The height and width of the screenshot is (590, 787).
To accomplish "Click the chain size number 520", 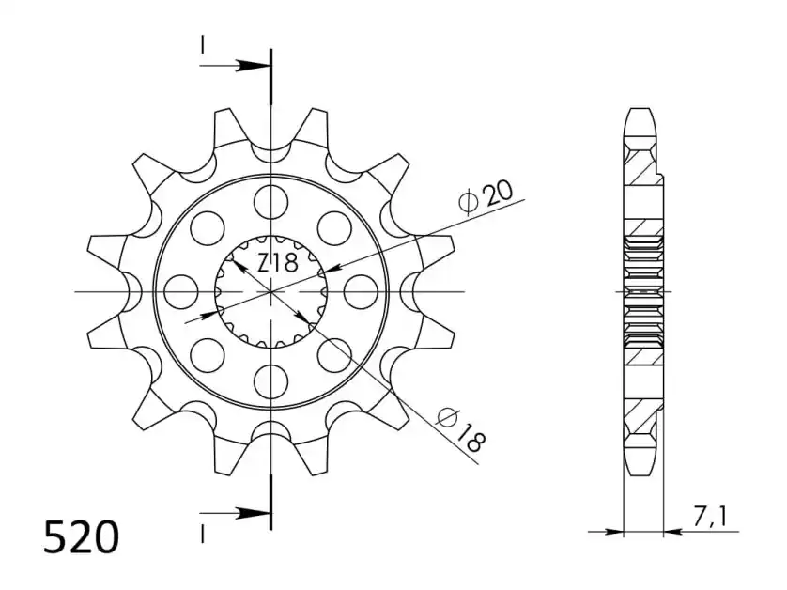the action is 82,536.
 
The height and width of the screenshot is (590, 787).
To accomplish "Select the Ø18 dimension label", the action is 462,430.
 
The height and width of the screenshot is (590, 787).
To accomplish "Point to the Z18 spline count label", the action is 278,263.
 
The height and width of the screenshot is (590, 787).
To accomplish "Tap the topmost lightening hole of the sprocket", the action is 271,201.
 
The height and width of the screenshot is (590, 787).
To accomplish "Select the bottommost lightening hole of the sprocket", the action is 271,381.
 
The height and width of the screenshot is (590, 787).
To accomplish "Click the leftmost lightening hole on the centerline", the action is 181,291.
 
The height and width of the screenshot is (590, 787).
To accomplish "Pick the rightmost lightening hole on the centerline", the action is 361,291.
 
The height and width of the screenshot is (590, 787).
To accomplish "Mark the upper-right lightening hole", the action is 334,227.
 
